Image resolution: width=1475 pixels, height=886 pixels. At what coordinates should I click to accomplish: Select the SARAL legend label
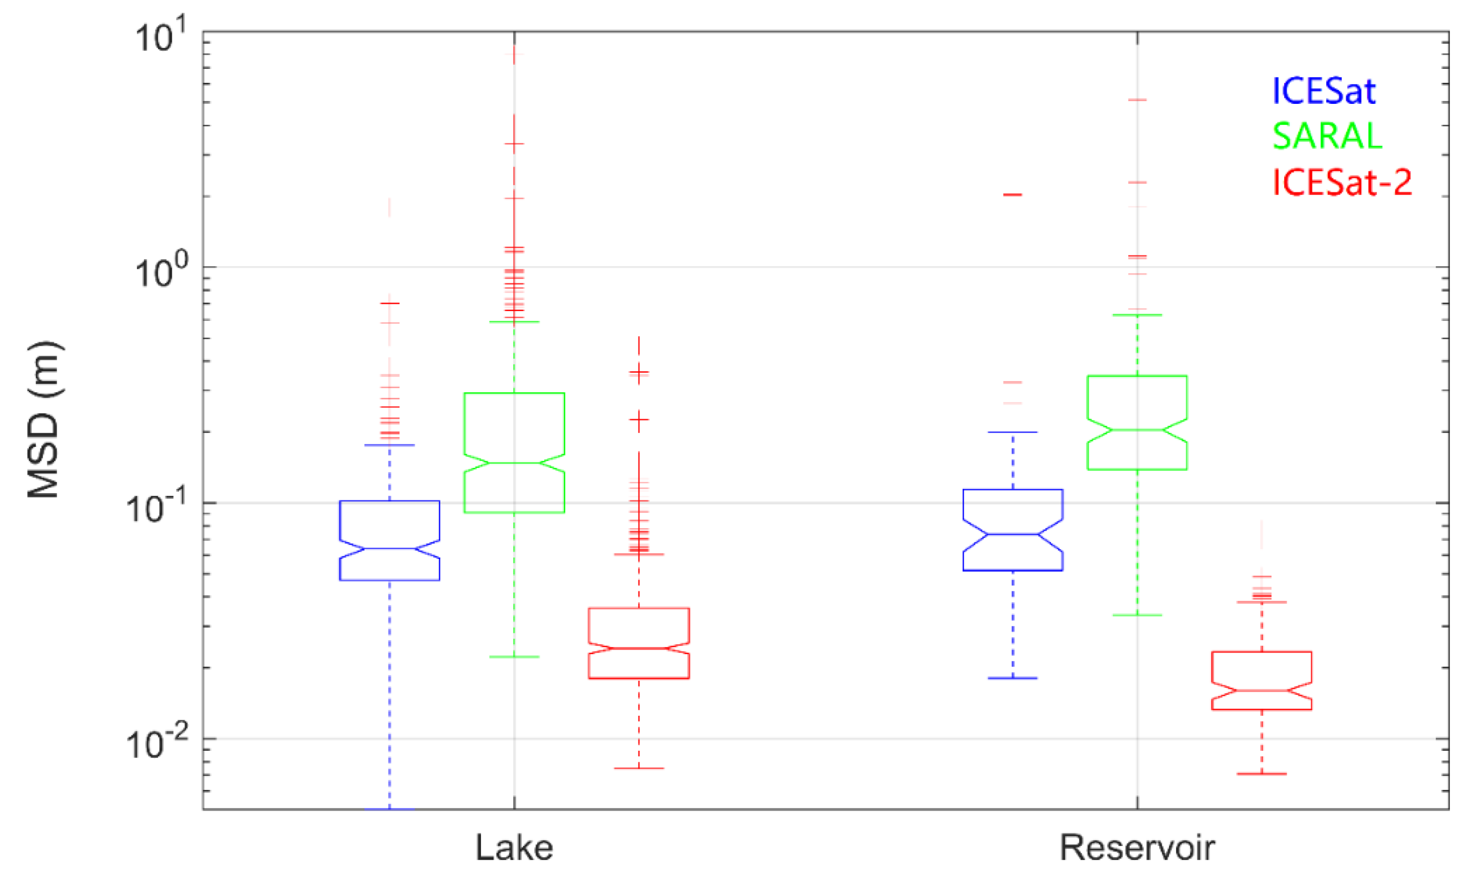point(1327,137)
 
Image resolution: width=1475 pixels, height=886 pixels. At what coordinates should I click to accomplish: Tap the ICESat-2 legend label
point(1341,182)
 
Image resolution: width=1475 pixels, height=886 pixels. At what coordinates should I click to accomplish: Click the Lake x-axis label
point(514,848)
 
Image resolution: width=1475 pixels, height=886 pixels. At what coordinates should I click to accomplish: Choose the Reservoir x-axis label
point(1137,848)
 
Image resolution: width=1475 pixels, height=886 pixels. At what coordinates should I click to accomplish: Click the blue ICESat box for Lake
point(390,540)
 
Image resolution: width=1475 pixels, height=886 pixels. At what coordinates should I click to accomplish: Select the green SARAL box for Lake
point(514,453)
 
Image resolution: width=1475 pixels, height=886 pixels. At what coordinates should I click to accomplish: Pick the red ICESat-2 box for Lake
point(639,644)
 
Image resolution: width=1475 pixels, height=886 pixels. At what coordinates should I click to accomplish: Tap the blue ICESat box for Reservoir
point(1013,530)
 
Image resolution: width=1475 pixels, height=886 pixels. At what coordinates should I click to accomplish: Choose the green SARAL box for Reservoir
point(1137,423)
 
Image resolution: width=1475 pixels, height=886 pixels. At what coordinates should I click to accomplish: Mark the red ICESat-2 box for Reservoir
point(1262,681)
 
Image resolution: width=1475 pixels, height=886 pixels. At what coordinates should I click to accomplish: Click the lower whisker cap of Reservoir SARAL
point(1137,615)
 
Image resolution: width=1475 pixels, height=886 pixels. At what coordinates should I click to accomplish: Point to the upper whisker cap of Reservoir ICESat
point(1013,431)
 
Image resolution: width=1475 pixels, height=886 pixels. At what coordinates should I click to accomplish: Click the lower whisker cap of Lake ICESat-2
point(639,768)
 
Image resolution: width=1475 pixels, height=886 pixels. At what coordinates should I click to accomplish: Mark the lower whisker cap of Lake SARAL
point(514,657)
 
